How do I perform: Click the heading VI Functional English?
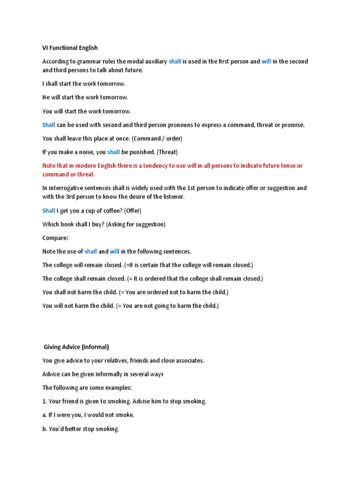point(70,48)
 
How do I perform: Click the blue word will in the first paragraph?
point(266,61)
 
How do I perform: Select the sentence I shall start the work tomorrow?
point(84,84)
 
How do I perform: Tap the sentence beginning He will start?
point(85,97)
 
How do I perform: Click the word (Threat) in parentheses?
point(167,152)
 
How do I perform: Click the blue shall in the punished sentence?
point(113,152)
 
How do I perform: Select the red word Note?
point(49,165)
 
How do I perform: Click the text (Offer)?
point(133,210)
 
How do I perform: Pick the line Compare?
point(55,238)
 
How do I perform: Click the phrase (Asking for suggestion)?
point(135,224)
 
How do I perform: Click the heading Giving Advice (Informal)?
point(76,347)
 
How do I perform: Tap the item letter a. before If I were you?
point(45,415)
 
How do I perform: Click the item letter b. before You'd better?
point(45,428)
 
